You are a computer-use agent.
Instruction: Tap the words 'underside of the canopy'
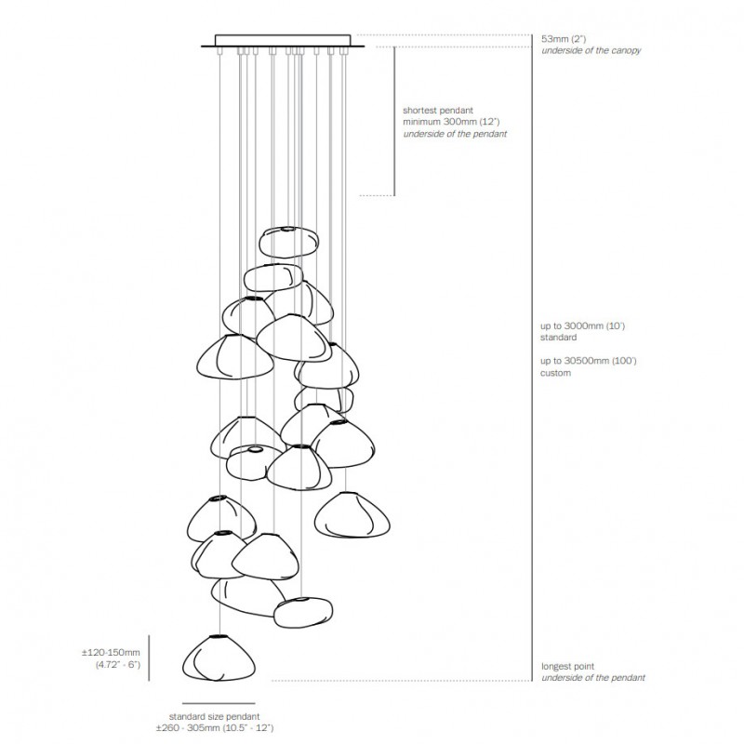(591, 51)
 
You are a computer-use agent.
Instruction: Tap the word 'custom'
(557, 373)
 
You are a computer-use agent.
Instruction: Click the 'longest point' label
(569, 666)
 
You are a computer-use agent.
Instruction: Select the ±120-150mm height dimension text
(111, 654)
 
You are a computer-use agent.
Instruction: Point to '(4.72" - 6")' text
(117, 667)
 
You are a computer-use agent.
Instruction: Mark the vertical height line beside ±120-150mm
(151, 658)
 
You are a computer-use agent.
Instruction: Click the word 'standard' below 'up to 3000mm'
(560, 339)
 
